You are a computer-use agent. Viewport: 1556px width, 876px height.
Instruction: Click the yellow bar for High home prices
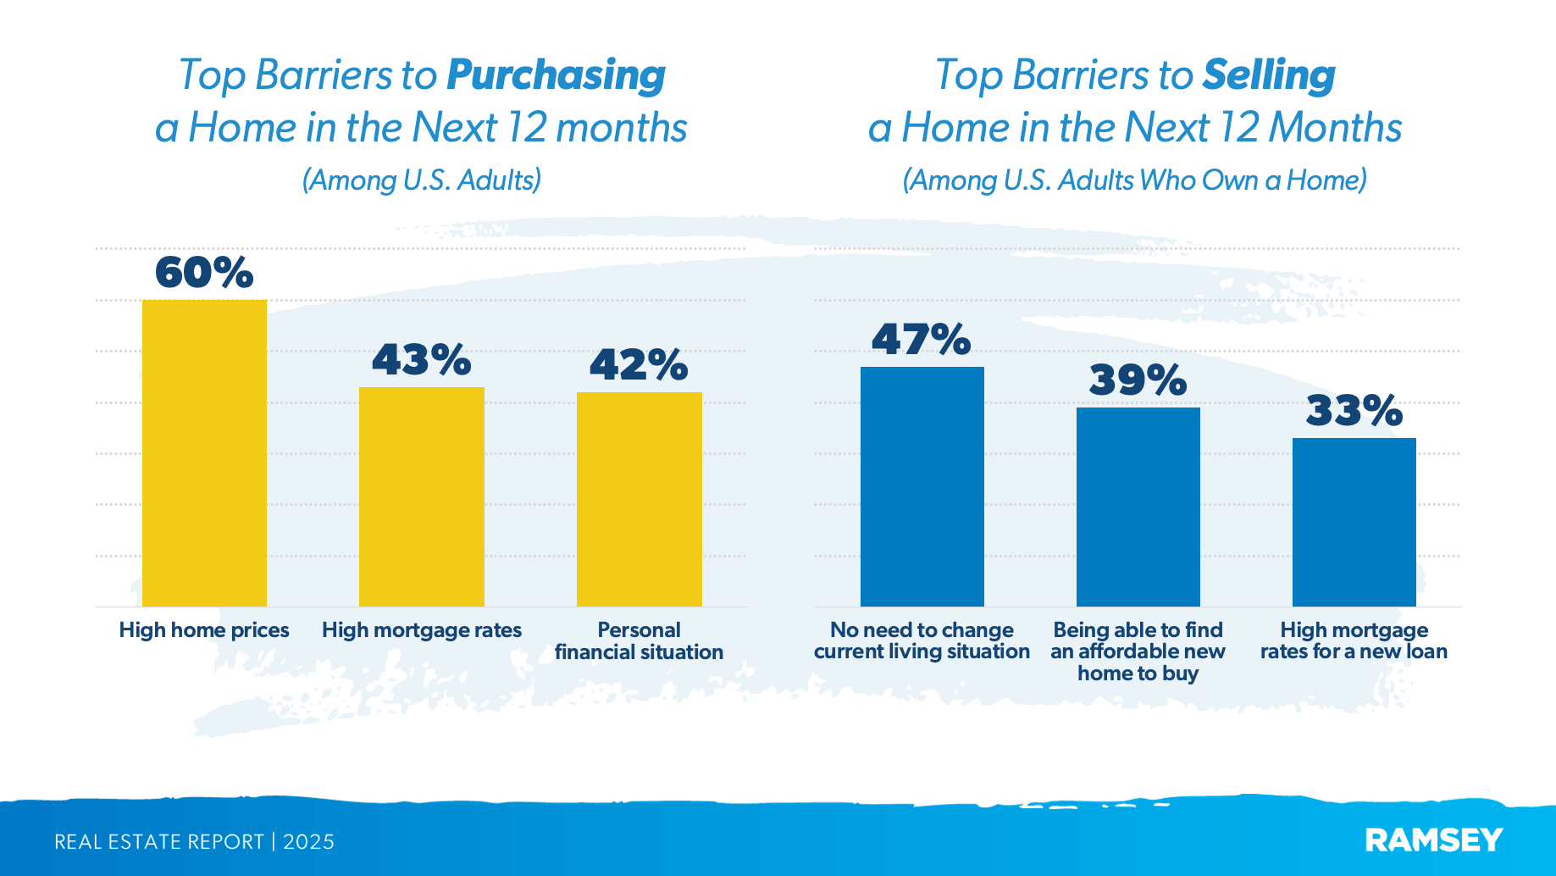pyautogui.click(x=204, y=453)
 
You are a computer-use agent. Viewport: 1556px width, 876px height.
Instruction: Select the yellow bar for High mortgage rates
pyautogui.click(x=422, y=496)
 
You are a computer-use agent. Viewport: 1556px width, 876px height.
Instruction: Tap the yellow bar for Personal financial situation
pyautogui.click(x=640, y=499)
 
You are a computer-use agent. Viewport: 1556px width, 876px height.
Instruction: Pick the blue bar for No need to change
pyautogui.click(x=922, y=486)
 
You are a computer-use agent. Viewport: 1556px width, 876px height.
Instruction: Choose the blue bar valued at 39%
pyautogui.click(x=1138, y=507)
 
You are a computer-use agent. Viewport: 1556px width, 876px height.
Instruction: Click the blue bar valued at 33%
pyautogui.click(x=1354, y=522)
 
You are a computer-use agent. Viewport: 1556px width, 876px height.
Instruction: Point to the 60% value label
pyautogui.click(x=204, y=273)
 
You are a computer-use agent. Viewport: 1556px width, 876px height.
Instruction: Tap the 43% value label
pyautogui.click(x=422, y=360)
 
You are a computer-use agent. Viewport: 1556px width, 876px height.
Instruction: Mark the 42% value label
pyautogui.click(x=639, y=365)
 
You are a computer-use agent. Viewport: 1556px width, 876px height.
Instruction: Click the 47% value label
pyautogui.click(x=922, y=340)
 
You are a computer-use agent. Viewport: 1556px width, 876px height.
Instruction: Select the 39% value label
pyautogui.click(x=1138, y=380)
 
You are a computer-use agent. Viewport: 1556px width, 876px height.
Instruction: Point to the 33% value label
pyautogui.click(x=1354, y=411)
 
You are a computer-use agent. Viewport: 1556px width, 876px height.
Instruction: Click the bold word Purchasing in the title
pyautogui.click(x=556, y=75)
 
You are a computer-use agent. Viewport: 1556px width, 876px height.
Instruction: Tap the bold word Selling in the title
pyautogui.click(x=1269, y=75)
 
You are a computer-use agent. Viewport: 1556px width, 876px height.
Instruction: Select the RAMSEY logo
pyautogui.click(x=1434, y=840)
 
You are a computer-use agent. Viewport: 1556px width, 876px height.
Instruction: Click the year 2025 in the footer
pyautogui.click(x=308, y=842)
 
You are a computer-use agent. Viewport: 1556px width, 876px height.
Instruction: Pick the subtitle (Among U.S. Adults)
pyautogui.click(x=422, y=180)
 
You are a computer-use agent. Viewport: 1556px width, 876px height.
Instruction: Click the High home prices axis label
pyautogui.click(x=204, y=630)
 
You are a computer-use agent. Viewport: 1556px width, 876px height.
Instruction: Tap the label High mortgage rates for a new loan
pyautogui.click(x=1354, y=641)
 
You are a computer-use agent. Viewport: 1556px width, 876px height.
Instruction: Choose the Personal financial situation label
pyautogui.click(x=640, y=641)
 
